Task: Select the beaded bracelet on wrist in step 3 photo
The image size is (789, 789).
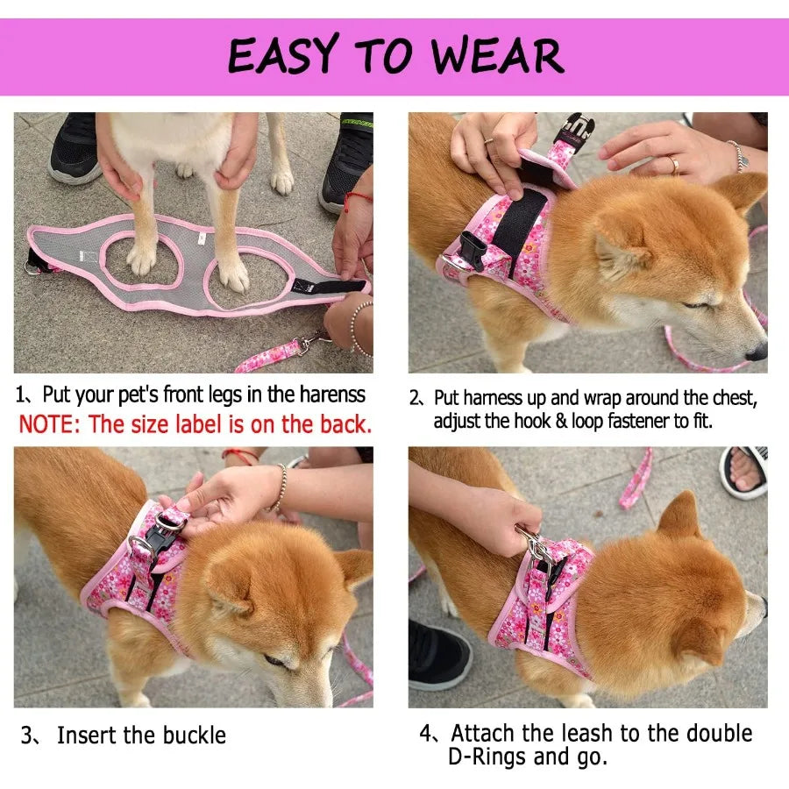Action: [x=280, y=488]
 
